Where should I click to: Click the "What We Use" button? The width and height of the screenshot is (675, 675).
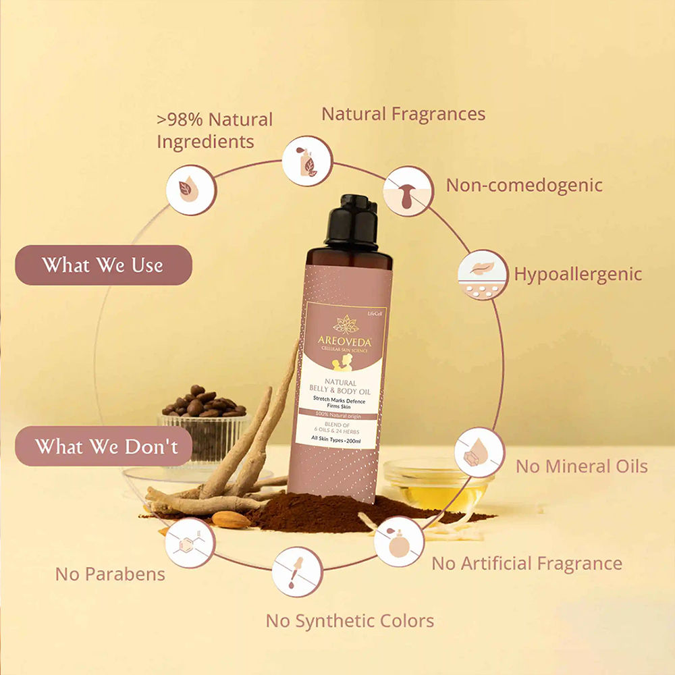point(103,265)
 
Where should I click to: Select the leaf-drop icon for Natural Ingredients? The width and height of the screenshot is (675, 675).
point(191,190)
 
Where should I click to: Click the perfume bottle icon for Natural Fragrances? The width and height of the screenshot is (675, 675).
point(307,161)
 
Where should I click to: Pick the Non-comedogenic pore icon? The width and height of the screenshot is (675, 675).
point(408,192)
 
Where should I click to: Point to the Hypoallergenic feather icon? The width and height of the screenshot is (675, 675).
point(482,275)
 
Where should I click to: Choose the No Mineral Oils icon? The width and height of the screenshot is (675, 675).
point(479,452)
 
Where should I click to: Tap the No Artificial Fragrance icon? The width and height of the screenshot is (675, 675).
point(399,541)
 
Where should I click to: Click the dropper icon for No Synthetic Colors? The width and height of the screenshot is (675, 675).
point(296,571)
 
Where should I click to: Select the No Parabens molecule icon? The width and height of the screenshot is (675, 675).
point(190,543)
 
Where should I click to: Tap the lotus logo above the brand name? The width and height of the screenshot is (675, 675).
point(346,323)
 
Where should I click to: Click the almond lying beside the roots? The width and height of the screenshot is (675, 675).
point(232,518)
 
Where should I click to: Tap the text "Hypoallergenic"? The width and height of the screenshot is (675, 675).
point(578,274)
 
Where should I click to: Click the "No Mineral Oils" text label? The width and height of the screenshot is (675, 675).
point(581,466)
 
